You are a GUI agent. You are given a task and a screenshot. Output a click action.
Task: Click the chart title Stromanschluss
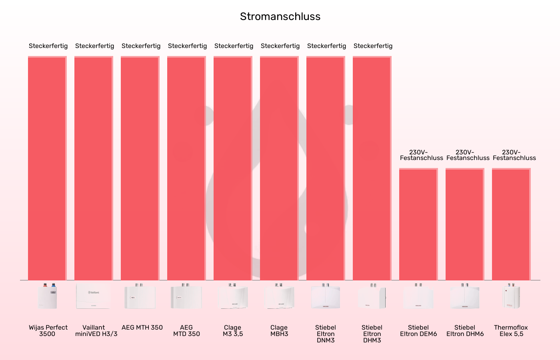click(280, 16)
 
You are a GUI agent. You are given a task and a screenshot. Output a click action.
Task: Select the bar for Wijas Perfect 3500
click(47, 168)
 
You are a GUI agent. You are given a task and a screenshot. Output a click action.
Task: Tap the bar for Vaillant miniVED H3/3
click(94, 168)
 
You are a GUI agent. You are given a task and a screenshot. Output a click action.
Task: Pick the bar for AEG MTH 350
click(140, 168)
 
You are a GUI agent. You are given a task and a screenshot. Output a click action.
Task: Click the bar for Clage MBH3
click(279, 168)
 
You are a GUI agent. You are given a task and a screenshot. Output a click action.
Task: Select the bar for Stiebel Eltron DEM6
click(418, 224)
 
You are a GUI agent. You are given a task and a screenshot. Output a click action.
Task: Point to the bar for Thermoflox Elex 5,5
click(511, 224)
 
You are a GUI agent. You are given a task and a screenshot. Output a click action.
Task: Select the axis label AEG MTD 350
click(186, 331)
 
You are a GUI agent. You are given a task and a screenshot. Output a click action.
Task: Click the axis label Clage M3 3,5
click(233, 331)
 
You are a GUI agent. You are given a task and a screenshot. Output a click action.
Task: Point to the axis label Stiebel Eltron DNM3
click(326, 334)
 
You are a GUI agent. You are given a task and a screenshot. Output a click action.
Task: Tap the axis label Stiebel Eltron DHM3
click(372, 334)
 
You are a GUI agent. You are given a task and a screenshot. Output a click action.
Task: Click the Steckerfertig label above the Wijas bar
click(48, 46)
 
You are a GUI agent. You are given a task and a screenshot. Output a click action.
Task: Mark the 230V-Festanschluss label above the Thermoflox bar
click(514, 155)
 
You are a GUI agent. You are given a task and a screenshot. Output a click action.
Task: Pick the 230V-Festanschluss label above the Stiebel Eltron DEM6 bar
click(421, 155)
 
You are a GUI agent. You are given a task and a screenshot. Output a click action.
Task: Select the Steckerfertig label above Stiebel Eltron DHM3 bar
click(373, 46)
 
